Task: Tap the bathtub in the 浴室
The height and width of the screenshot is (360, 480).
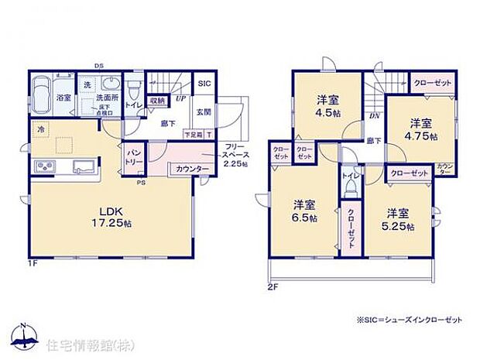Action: point(43,96)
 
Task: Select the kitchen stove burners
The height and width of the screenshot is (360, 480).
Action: point(44,166)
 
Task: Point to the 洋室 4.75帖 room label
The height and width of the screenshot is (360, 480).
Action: point(423,129)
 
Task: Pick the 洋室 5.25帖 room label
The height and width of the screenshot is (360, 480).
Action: point(399,219)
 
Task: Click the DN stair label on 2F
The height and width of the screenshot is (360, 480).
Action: point(373,116)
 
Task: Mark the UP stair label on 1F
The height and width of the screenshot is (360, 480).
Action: point(180,98)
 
